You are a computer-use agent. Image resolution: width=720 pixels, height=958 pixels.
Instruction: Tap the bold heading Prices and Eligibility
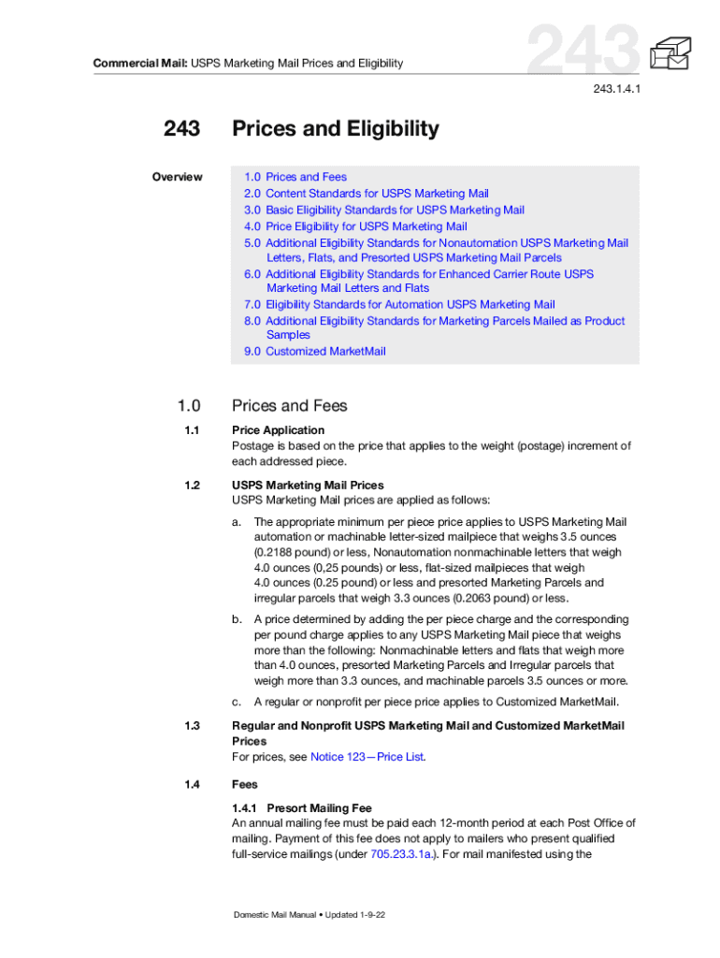pos(335,128)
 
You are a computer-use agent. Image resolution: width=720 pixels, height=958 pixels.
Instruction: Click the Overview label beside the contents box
pos(178,177)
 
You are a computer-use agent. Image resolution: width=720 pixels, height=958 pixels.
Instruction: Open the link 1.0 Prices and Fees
pos(295,177)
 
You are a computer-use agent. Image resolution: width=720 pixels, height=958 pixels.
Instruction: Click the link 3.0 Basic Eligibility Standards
pos(384,210)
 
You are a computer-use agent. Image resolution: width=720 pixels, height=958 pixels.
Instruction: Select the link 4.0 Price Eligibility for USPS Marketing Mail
pos(355,226)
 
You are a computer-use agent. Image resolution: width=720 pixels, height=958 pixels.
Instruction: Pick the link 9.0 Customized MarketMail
pos(314,352)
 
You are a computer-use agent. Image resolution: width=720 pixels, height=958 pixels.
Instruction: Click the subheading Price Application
pos(279,430)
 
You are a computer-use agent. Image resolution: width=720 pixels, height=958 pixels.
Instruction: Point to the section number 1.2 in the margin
pos(193,486)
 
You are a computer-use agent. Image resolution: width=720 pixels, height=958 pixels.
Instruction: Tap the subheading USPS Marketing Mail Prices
pos(308,486)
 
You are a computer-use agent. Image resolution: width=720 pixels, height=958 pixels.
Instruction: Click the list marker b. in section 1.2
pos(237,619)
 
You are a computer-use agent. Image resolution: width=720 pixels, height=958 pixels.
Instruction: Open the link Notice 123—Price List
pos(367,757)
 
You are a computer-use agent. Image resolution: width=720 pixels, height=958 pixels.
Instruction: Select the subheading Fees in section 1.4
pos(245,785)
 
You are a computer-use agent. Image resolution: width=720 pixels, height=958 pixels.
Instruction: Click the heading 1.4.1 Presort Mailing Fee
pos(302,807)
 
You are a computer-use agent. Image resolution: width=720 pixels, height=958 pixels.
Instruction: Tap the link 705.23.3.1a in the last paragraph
pos(402,854)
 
